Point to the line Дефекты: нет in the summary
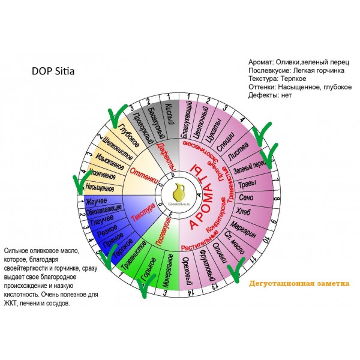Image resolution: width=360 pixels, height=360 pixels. pos(271,96)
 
